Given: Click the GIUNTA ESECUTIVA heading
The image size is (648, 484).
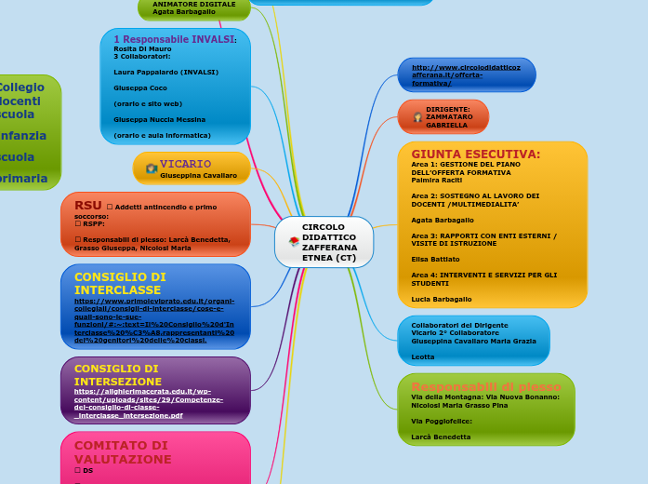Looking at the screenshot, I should click(x=475, y=154).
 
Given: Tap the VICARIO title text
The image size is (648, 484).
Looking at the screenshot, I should click(x=185, y=164).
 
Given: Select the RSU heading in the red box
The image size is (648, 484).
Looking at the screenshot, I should click(x=88, y=205).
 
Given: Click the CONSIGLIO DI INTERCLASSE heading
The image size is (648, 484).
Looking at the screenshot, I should click(x=120, y=283).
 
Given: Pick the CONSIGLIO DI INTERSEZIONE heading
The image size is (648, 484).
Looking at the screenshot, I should click(x=116, y=375).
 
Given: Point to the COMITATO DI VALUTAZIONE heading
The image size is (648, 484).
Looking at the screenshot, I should click(x=122, y=452).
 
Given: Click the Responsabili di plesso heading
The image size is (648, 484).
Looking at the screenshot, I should click(x=485, y=386).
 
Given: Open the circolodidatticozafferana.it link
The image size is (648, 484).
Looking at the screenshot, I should click(x=466, y=74).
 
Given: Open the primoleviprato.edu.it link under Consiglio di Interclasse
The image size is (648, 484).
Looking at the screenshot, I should click(x=154, y=320).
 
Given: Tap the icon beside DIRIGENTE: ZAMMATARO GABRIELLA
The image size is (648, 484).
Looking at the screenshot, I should click(x=417, y=117).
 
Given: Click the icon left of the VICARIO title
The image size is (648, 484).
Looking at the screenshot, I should click(x=151, y=168).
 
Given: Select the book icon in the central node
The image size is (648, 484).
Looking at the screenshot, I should click(x=294, y=242).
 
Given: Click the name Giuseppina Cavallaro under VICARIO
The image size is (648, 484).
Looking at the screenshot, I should click(x=198, y=175).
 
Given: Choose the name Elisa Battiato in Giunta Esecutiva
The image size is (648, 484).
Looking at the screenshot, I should click(x=435, y=258).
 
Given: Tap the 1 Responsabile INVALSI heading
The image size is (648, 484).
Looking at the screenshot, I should click(x=174, y=39).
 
